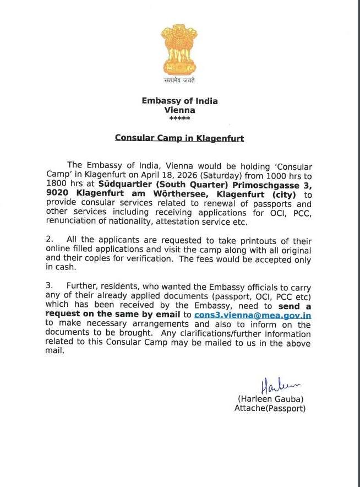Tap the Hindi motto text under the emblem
179,80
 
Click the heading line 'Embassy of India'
179,101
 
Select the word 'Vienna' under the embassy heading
179,110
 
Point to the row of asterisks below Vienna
179,118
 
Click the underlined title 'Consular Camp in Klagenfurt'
179,138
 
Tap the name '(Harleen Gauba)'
270,399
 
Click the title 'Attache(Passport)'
270,408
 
